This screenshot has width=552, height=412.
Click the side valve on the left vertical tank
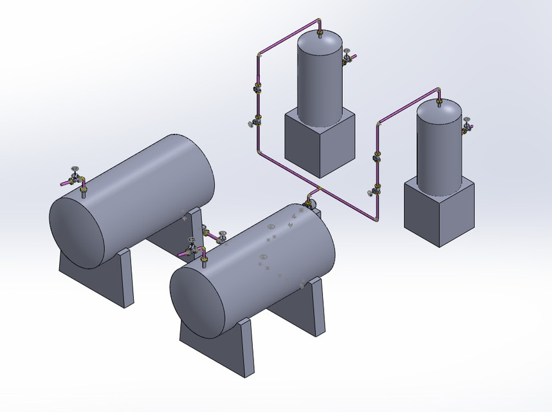(x=347, y=58)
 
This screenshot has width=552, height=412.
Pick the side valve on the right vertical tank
(x=468, y=126)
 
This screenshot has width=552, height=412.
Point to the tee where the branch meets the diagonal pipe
(x=318, y=189)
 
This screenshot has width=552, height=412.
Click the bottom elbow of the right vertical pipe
(x=376, y=220)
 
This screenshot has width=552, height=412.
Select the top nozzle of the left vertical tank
(x=320, y=30)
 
